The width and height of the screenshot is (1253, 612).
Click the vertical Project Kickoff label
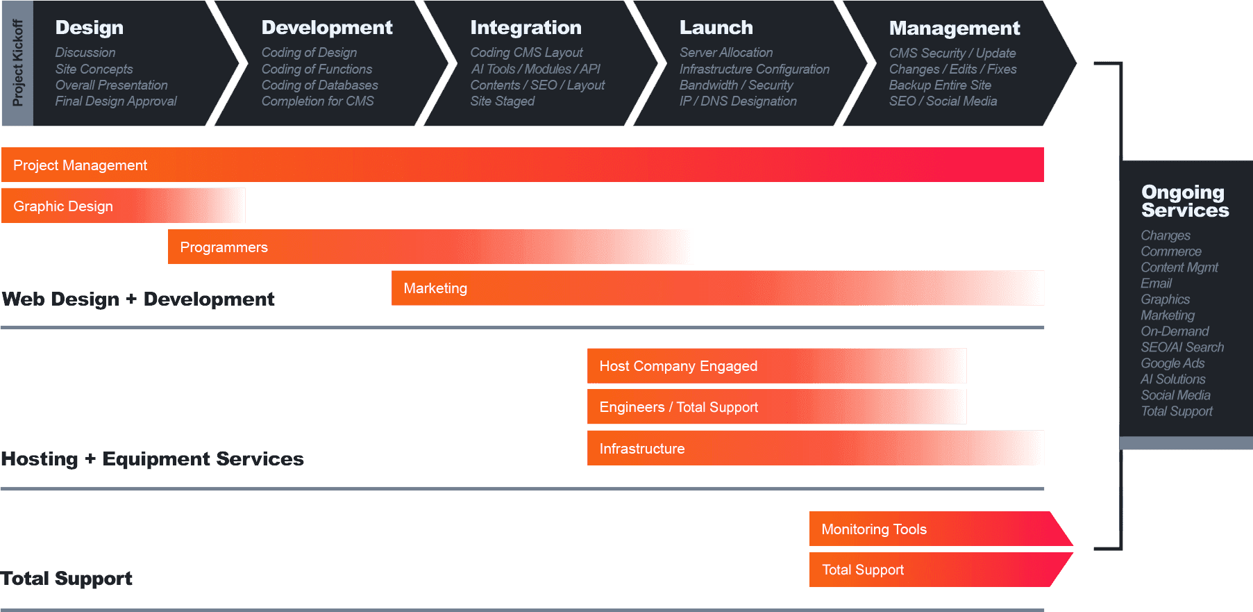[x=17, y=63]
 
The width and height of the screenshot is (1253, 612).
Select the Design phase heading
[x=90, y=28]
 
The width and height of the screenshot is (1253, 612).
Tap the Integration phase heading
[x=525, y=28]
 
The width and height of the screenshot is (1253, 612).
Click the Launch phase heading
[x=716, y=28]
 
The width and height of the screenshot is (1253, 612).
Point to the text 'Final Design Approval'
[x=116, y=101]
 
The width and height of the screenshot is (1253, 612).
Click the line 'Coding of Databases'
[x=319, y=85]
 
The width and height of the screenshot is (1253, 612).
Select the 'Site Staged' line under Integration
[x=502, y=101]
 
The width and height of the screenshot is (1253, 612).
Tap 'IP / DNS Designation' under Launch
[x=738, y=101]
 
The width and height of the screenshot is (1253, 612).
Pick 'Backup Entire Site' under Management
[x=940, y=85]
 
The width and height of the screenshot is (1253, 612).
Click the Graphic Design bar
[x=123, y=206]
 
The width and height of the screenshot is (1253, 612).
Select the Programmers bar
[x=430, y=247]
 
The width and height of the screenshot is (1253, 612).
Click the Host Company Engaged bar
[x=776, y=366]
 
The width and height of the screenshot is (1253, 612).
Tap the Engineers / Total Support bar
[x=776, y=407]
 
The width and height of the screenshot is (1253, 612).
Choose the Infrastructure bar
[x=815, y=449]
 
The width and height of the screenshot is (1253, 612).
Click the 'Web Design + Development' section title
[x=138, y=299]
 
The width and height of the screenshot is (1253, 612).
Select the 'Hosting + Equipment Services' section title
[x=153, y=459]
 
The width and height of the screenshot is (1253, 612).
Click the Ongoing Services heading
[x=1184, y=201]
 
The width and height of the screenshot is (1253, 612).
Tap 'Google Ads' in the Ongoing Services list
[x=1172, y=363]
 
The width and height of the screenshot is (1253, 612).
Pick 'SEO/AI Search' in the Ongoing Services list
[x=1182, y=347]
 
